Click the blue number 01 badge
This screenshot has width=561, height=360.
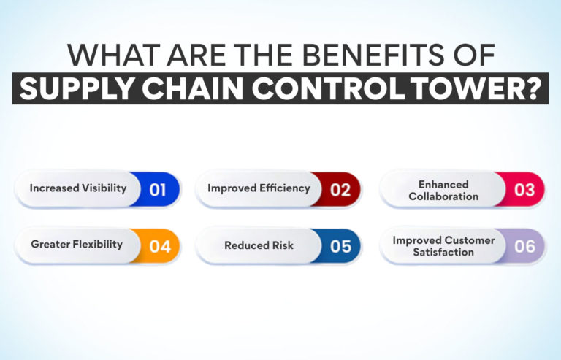tap(158, 189)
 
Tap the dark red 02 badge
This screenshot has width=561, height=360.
tap(340, 189)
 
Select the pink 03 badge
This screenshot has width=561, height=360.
tap(524, 189)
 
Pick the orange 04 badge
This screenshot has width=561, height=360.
tap(159, 246)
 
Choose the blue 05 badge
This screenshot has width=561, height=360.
tap(340, 246)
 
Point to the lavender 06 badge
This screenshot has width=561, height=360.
tap(524, 246)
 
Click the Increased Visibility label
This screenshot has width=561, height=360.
tap(78, 188)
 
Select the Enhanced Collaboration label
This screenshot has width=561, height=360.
tap(443, 191)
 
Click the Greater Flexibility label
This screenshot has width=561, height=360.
tap(77, 245)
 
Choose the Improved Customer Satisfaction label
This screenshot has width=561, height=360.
tap(443, 246)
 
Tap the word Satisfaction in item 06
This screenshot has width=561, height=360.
tap(442, 253)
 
